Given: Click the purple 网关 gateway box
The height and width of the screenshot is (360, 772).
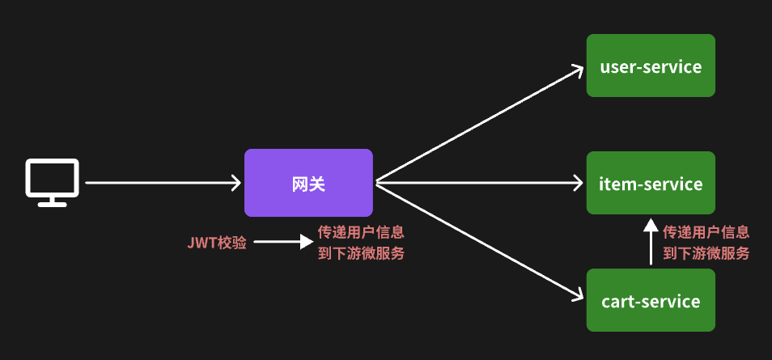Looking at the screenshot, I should click(x=308, y=183).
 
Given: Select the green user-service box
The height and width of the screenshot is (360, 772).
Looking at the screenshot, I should click(x=651, y=66).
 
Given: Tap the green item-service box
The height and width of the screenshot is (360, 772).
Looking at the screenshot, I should click(x=651, y=184).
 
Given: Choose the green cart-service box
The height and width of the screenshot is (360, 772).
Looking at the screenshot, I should click(x=651, y=301).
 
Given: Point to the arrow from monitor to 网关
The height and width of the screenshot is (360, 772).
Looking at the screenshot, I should click(x=162, y=183).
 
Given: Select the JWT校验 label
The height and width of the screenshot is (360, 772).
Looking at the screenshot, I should click(x=217, y=242).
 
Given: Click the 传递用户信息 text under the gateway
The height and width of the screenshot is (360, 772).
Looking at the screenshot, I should click(x=362, y=231).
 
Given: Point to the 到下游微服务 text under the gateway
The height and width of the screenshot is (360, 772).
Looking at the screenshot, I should click(x=362, y=252).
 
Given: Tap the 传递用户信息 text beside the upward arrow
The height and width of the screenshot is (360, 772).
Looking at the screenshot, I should click(x=706, y=231).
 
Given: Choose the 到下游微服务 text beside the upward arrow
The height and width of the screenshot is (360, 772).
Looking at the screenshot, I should click(x=706, y=253).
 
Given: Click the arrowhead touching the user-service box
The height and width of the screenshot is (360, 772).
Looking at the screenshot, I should click(x=576, y=70).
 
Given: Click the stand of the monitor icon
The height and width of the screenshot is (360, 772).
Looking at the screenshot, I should click(x=53, y=200).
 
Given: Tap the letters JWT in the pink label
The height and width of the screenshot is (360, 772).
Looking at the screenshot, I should click(x=201, y=242).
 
